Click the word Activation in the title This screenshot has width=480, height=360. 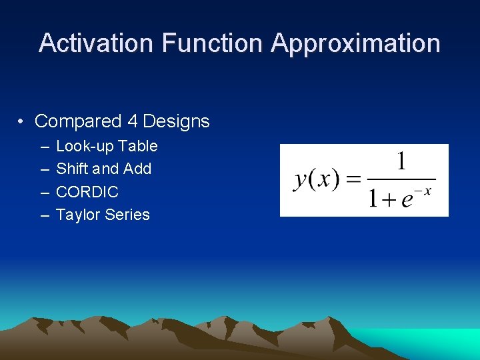pyautogui.click(x=97, y=43)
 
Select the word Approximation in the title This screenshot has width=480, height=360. pyautogui.click(x=355, y=43)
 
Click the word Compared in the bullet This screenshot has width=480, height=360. pyautogui.click(x=78, y=121)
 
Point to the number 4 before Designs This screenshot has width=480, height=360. pyautogui.click(x=132, y=121)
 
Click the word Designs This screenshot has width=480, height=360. pyautogui.click(x=177, y=121)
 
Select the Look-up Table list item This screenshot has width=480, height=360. pyautogui.click(x=107, y=146)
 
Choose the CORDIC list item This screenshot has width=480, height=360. pyautogui.click(x=87, y=192)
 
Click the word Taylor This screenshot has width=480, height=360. pyautogui.click(x=77, y=215)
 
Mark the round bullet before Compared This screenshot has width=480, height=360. pyautogui.click(x=22, y=122)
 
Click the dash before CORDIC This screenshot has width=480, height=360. pyautogui.click(x=43, y=192)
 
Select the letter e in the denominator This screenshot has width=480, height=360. pyautogui.click(x=406, y=200)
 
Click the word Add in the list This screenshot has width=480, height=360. pyautogui.click(x=138, y=169)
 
